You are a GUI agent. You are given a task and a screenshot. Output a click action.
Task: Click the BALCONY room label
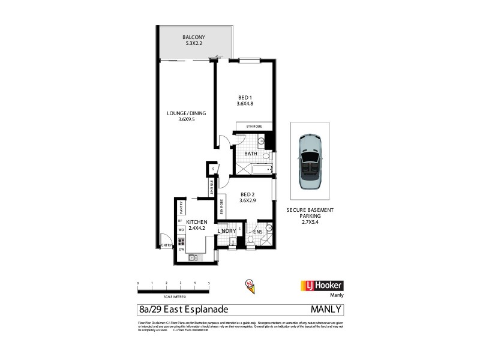pyautogui.click(x=194, y=40)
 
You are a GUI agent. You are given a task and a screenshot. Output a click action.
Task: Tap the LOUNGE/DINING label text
pyautogui.click(x=187, y=116)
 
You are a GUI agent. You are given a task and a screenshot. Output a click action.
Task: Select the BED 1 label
pyautogui.click(x=245, y=100)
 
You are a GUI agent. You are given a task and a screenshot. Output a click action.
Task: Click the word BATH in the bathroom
pyautogui.click(x=251, y=154)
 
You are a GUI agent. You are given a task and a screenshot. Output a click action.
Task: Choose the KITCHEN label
pyautogui.click(x=197, y=225)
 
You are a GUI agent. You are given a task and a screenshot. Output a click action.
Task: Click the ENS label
pyautogui.click(x=258, y=232)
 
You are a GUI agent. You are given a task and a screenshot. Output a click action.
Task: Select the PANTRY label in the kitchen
pyautogui.click(x=181, y=208)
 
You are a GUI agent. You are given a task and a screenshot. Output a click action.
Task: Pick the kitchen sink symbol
pyautogui.click(x=193, y=257)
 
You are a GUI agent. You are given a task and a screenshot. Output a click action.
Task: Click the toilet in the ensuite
pyautogui.click(x=250, y=241)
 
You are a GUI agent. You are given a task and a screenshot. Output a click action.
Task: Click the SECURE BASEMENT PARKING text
pyautogui.click(x=310, y=215)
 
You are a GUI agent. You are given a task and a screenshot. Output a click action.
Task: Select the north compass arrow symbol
pyautogui.click(x=248, y=286)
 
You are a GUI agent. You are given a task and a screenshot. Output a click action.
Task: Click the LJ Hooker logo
pyautogui.click(x=321, y=286)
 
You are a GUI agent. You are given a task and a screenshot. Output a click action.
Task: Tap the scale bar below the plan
pyautogui.click(x=173, y=290)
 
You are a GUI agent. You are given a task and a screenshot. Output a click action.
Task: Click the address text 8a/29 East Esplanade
pyautogui.click(x=183, y=310)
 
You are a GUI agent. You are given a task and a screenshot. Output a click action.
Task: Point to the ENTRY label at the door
pyautogui.click(x=164, y=245)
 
